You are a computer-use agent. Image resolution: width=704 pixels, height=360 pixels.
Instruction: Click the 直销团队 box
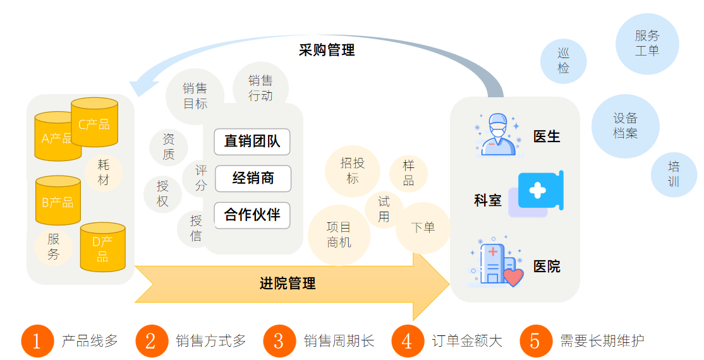(252, 141)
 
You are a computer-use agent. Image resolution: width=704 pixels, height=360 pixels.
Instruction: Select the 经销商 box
(253, 179)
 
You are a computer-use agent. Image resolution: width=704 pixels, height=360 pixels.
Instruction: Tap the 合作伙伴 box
(252, 215)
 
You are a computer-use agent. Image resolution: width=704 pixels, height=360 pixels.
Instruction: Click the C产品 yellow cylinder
(94, 123)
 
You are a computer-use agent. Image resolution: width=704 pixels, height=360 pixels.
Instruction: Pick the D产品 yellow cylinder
(102, 247)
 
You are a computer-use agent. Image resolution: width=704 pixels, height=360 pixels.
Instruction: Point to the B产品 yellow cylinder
(58, 201)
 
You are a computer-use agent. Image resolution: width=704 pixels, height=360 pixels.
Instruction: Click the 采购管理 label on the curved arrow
(327, 50)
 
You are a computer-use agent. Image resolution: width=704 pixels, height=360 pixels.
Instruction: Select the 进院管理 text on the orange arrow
(288, 284)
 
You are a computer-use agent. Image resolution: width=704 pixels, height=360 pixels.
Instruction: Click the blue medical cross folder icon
(539, 191)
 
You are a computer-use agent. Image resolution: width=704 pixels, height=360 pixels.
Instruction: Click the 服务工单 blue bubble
(647, 44)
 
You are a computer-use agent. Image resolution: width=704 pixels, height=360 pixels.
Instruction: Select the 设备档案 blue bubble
(625, 126)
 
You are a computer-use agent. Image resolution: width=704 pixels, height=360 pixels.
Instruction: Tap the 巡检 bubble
(563, 61)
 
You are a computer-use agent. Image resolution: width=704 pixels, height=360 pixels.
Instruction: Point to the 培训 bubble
(674, 174)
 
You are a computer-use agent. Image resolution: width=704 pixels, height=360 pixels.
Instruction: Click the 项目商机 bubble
(339, 234)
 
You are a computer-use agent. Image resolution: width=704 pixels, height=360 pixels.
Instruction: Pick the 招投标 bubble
(352, 171)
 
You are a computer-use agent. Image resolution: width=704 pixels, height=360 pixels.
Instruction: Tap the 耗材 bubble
(104, 172)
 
